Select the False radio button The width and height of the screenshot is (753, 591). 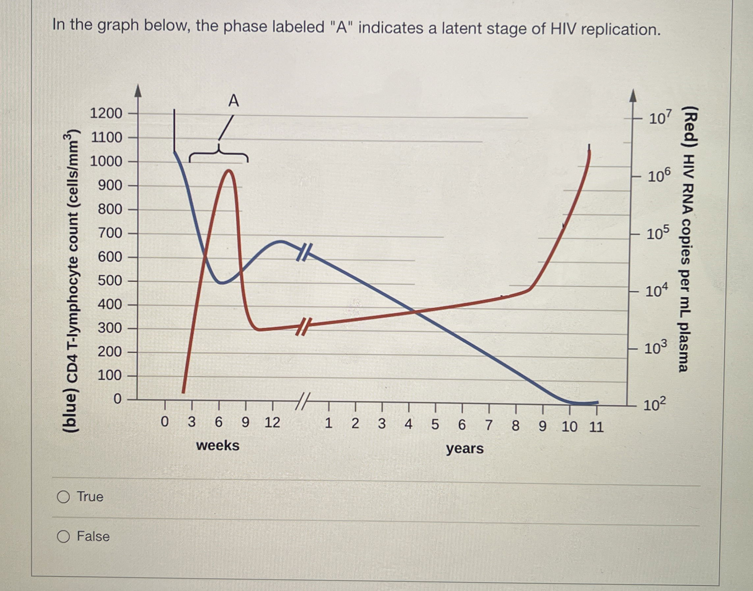64,536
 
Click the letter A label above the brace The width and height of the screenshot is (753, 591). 234,101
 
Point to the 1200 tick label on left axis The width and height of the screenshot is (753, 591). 106,113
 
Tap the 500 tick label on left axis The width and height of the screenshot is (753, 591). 110,281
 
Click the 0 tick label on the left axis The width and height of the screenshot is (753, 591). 118,399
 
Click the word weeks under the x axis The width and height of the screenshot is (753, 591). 218,445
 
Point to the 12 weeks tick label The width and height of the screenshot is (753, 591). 272,423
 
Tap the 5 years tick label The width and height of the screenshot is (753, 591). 435,424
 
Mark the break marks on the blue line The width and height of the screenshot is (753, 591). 304,252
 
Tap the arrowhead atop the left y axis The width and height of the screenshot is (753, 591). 138,91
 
